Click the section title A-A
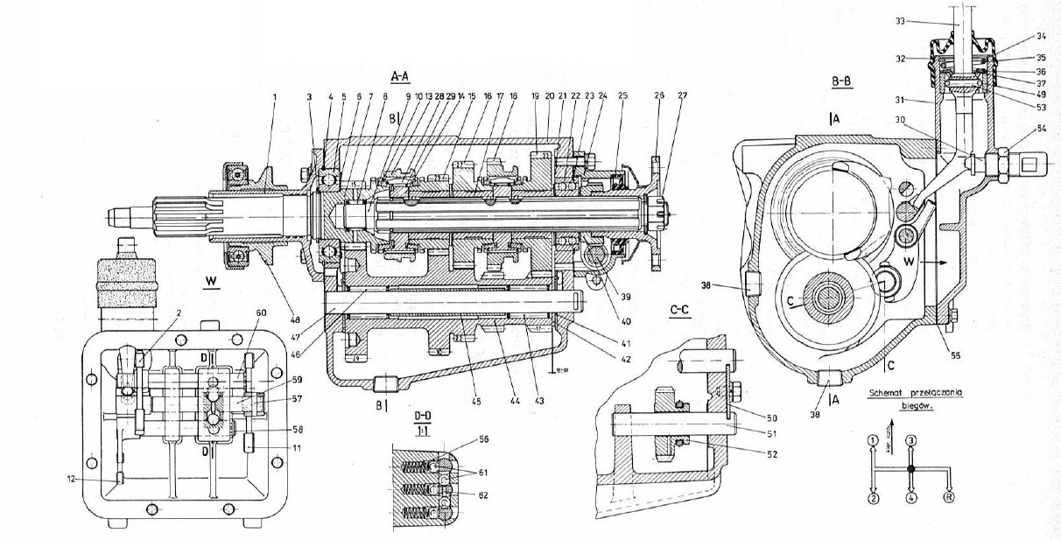(404, 76)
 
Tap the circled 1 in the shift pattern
(872, 440)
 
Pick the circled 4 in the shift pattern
(911, 498)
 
